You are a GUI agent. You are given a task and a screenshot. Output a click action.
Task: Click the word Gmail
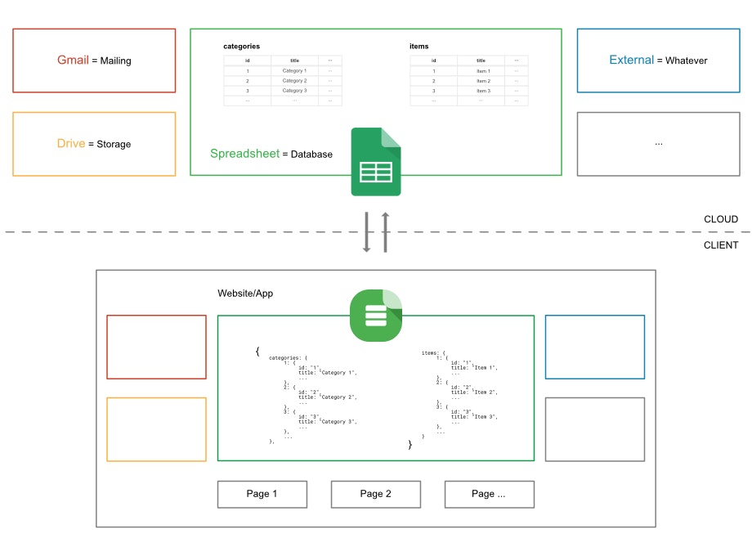click(73, 61)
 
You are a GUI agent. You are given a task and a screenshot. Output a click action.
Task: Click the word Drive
click(71, 144)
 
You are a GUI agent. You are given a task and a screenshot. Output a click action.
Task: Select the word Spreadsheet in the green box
click(244, 154)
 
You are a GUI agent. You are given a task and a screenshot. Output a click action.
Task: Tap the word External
click(632, 61)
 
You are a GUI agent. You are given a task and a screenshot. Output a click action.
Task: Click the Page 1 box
click(262, 494)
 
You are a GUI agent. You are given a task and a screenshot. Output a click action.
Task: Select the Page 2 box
click(376, 494)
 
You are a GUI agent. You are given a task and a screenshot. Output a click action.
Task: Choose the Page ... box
click(489, 494)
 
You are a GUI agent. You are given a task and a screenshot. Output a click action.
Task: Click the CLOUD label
click(721, 219)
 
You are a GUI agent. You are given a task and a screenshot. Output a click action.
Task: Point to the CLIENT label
click(721, 245)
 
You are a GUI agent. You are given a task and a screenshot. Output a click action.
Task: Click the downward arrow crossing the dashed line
click(367, 231)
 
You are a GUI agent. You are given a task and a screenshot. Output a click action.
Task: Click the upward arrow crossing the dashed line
click(385, 231)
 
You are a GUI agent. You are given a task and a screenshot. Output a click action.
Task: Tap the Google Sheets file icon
click(376, 162)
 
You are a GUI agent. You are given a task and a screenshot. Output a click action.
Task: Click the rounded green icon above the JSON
click(376, 315)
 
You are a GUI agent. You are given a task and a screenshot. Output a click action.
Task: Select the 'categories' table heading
click(241, 47)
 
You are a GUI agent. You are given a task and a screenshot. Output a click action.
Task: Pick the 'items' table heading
click(419, 47)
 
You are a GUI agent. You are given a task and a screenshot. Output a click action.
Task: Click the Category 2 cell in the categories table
click(294, 81)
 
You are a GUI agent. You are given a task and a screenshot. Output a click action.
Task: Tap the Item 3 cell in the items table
click(483, 91)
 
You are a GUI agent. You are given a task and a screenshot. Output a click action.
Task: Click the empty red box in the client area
click(156, 347)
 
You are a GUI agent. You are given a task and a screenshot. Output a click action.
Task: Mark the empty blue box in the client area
click(594, 347)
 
